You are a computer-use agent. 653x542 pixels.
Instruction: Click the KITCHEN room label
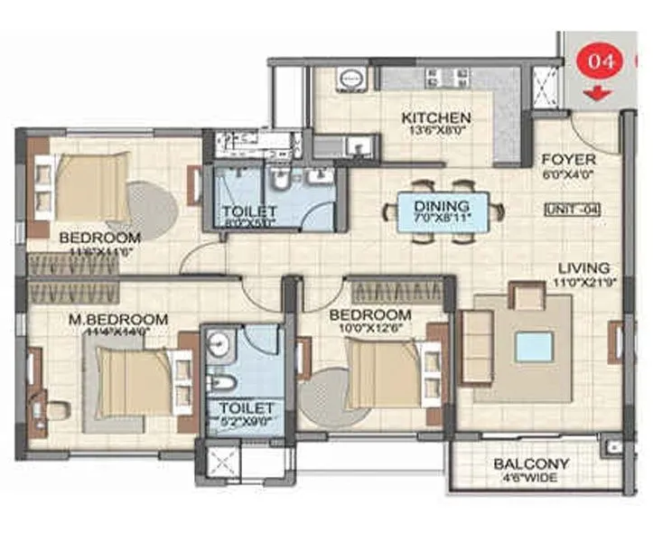click(x=436, y=118)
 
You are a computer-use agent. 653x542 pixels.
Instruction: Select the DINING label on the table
click(x=443, y=205)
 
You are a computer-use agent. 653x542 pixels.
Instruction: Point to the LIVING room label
click(x=583, y=268)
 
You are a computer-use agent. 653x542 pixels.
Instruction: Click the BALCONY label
click(x=531, y=464)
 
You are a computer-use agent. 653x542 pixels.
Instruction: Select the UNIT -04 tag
click(x=573, y=210)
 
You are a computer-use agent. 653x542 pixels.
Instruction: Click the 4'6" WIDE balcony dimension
click(x=531, y=478)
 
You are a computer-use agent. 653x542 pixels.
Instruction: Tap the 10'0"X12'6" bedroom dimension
click(x=370, y=328)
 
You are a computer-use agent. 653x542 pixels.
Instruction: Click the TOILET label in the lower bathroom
click(x=238, y=406)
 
